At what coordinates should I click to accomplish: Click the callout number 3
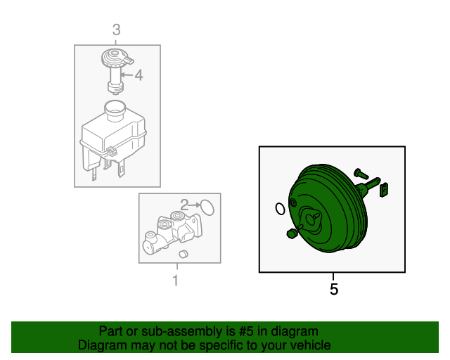116,30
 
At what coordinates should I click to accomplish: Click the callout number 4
139,75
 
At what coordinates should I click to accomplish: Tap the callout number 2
184,205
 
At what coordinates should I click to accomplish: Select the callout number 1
176,281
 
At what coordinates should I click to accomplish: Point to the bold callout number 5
334,289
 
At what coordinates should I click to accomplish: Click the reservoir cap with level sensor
117,70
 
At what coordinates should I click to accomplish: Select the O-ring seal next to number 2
207,207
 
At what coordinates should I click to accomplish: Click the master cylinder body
172,232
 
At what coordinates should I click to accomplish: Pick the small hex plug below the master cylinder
183,254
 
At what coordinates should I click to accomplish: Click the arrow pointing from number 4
127,75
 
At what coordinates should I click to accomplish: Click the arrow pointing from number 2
195,205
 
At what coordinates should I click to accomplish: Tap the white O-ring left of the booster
280,209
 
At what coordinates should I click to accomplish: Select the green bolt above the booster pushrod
361,174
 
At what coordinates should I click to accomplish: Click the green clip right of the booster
384,190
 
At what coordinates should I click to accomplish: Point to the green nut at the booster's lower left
291,233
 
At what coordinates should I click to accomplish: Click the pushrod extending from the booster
368,186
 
